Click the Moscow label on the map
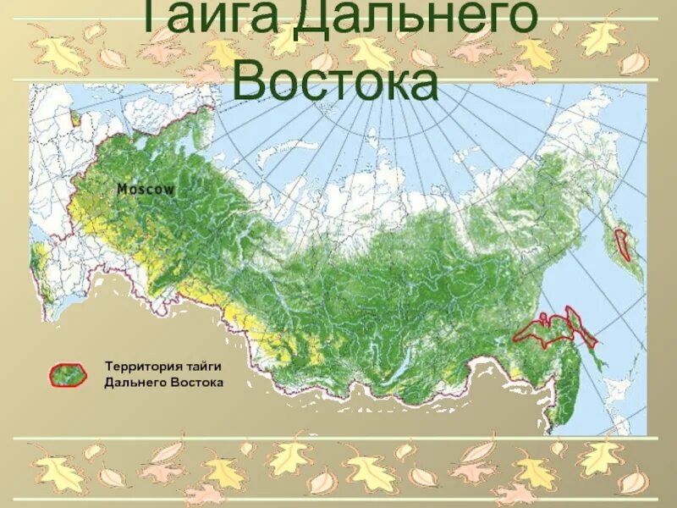pyautogui.click(x=146, y=190)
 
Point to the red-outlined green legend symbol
pyautogui.click(x=69, y=374)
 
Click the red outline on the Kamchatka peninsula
pyautogui.click(x=625, y=244)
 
